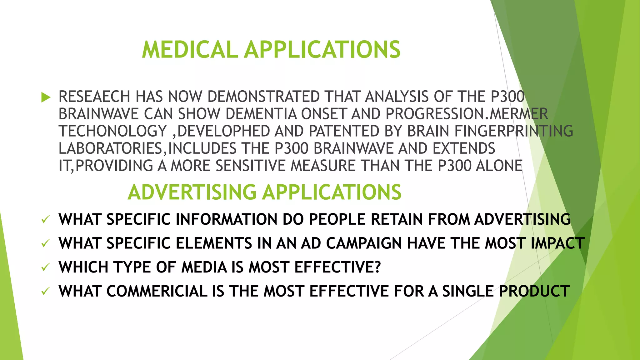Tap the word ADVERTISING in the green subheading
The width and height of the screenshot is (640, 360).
(x=192, y=192)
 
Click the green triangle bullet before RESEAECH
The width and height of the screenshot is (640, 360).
(x=46, y=97)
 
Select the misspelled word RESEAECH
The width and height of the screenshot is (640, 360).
(x=94, y=97)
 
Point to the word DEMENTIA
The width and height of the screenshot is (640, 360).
(x=261, y=114)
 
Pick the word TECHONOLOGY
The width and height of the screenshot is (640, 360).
(x=112, y=131)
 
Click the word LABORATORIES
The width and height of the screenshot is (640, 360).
(x=110, y=148)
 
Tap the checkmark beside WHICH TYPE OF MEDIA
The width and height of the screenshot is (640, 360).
(x=46, y=267)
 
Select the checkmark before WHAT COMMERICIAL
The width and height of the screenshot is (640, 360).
(x=46, y=291)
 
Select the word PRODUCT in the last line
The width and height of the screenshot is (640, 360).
(x=534, y=291)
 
